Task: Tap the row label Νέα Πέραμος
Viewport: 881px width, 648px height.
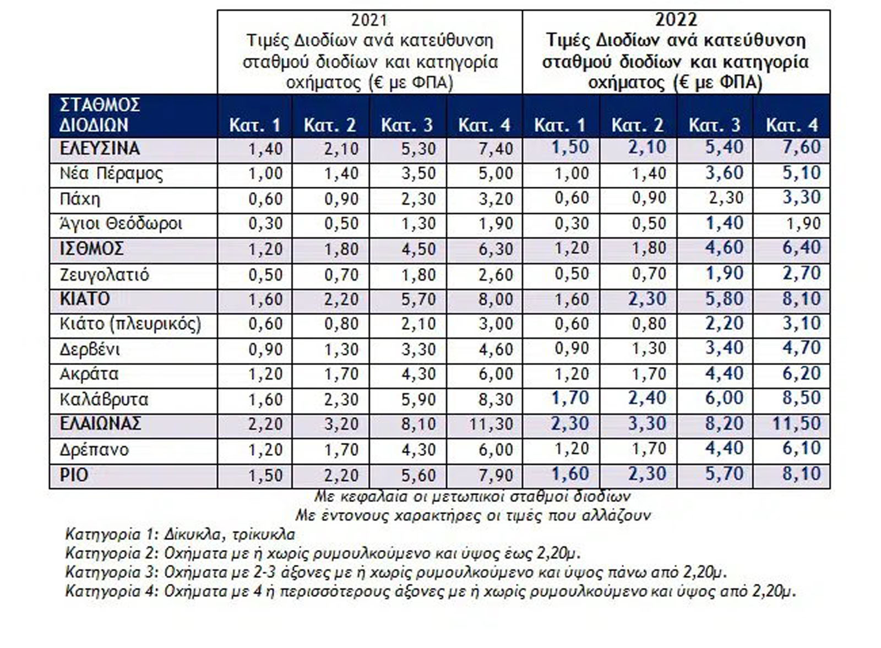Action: [x=111, y=174]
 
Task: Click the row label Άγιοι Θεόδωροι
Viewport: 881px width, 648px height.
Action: [x=121, y=224]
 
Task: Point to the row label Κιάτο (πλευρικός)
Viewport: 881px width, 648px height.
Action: [x=130, y=324]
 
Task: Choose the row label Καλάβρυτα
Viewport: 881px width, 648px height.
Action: [x=104, y=399]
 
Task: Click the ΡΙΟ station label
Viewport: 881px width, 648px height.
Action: [x=74, y=475]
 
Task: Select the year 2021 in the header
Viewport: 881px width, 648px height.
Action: [x=369, y=20]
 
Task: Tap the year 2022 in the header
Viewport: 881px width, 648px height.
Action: [x=676, y=20]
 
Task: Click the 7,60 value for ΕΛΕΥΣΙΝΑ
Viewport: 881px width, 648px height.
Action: [x=802, y=148]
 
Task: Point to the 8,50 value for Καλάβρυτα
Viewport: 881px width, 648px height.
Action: [x=802, y=398]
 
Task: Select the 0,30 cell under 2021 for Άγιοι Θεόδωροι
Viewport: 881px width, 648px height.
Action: [x=265, y=224]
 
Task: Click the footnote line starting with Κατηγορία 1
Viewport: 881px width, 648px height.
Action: [x=180, y=534]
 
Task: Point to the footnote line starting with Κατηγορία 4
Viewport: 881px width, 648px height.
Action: [x=431, y=592]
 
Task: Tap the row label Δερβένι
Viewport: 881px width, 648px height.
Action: [x=89, y=349]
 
